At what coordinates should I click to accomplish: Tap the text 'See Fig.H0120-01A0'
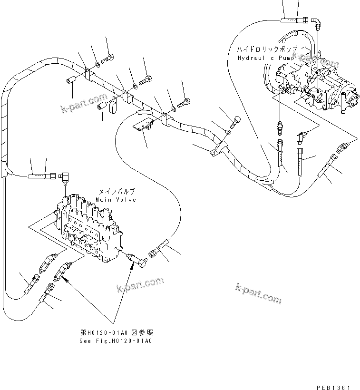[x=117, y=341]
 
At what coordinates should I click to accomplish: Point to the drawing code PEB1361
[x=335, y=376]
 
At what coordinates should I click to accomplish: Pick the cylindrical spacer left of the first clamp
[x=70, y=80]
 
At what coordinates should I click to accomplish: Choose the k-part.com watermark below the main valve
[x=140, y=286]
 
